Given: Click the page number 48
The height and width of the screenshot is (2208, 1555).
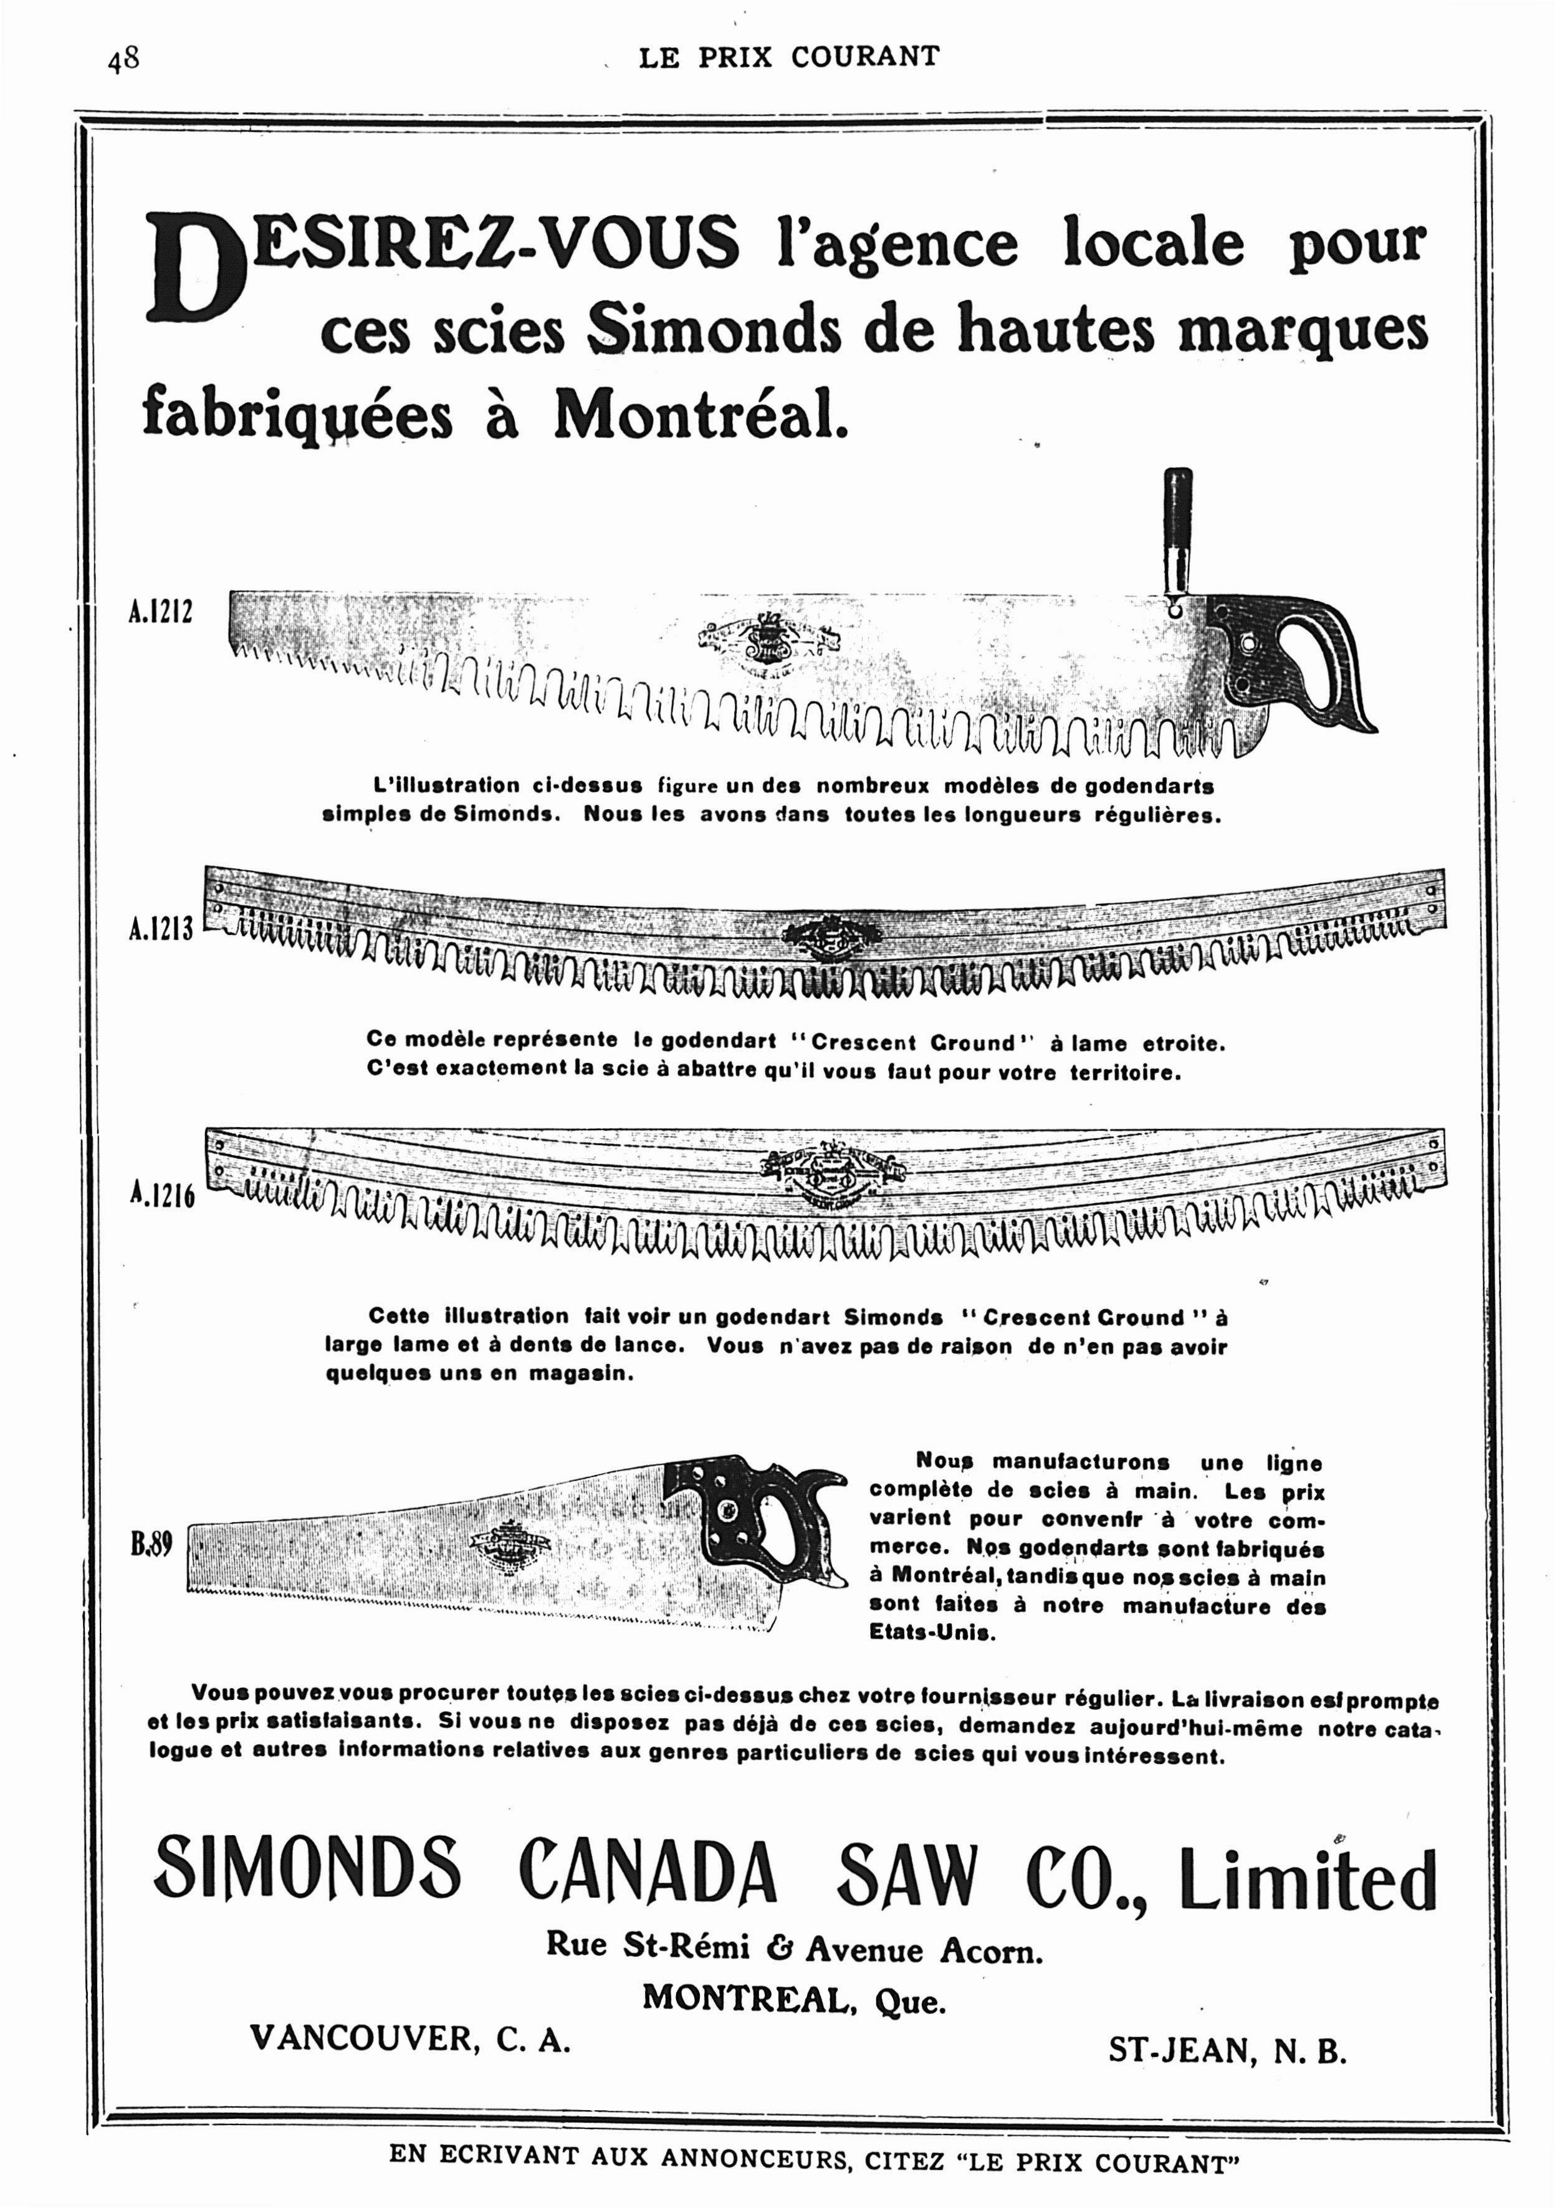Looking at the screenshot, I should pyautogui.click(x=123, y=60).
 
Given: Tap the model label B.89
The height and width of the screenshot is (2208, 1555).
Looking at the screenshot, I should pyautogui.click(x=151, y=1543).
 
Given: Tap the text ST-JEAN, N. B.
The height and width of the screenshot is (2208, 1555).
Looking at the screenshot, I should pyautogui.click(x=1226, y=2052).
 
